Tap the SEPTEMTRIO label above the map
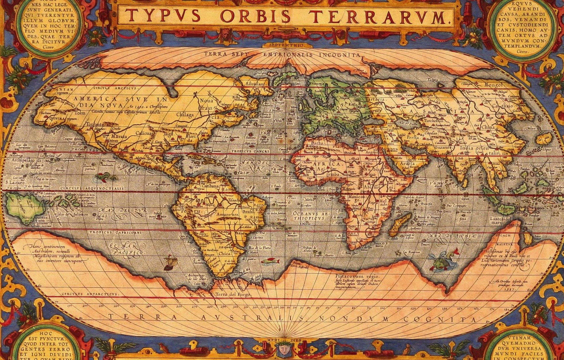[286, 46]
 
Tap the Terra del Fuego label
[233, 294]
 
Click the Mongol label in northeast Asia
[493, 85]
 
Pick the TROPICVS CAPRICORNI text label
[116, 232]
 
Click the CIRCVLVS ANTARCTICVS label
[90, 294]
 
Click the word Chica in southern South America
[225, 253]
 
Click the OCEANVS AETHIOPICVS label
[310, 216]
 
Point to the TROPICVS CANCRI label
[250, 151]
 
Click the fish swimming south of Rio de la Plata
[270, 261]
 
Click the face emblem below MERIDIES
[283, 349]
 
